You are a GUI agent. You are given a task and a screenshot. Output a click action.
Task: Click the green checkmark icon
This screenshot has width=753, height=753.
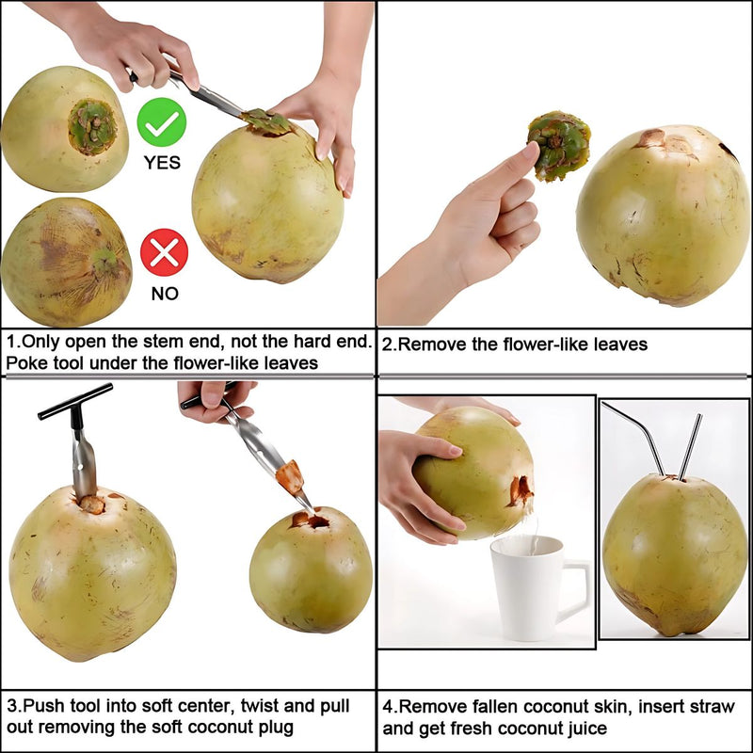tap(162, 121)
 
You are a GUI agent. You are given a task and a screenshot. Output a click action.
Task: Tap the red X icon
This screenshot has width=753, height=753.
tap(164, 253)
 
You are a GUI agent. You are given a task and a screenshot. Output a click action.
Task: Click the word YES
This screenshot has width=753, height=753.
tap(162, 162)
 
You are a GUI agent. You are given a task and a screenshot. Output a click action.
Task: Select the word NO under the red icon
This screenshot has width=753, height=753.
tap(164, 294)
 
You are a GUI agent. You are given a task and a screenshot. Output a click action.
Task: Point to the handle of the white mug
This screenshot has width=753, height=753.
tap(576, 588)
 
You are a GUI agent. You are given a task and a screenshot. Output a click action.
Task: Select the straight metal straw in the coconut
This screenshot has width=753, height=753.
tap(689, 447)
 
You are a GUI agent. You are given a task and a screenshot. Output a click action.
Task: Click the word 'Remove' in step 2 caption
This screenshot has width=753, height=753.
tap(435, 344)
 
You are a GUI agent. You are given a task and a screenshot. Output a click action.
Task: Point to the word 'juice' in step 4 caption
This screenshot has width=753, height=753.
tap(581, 728)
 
